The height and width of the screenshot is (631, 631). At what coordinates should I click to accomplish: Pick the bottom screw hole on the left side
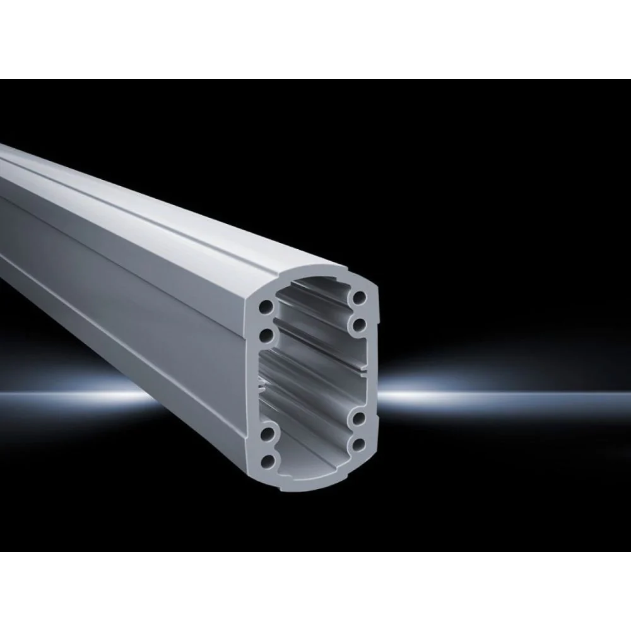click(x=271, y=461)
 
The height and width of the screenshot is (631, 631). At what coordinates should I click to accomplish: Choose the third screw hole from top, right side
click(x=359, y=418)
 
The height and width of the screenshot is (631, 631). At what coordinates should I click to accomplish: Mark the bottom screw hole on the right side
click(x=360, y=445)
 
